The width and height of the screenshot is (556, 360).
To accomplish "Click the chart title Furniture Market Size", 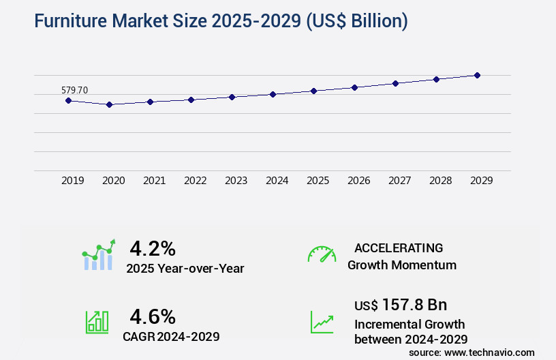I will [x=221, y=22].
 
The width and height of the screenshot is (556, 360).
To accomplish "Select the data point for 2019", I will [x=68, y=100].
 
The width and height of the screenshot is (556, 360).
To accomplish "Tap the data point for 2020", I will [x=109, y=104].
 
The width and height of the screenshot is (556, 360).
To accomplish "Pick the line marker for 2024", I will [x=273, y=94].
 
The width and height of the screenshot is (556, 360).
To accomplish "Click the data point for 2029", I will [x=477, y=75].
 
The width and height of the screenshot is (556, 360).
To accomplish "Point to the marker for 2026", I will [x=354, y=87].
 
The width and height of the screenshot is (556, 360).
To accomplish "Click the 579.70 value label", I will [x=74, y=90].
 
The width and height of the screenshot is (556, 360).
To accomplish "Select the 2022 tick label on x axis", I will [x=195, y=181].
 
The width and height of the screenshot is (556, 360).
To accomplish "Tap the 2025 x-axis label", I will [x=318, y=181].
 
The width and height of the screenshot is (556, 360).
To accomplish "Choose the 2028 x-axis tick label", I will [x=440, y=181].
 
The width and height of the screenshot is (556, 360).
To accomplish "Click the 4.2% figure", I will [x=153, y=247].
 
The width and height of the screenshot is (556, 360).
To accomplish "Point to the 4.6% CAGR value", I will [x=153, y=316].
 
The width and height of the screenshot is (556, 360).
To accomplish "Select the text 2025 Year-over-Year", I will [x=185, y=269].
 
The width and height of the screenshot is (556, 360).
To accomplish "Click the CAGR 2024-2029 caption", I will [x=171, y=336].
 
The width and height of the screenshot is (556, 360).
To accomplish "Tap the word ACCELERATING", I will [x=399, y=247].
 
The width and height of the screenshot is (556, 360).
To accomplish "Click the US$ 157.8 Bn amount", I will [x=401, y=305].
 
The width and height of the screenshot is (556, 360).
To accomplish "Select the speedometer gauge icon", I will [x=322, y=254].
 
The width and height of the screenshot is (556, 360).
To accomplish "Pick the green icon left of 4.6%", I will [x=97, y=322].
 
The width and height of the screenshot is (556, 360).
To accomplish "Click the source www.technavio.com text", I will [x=472, y=352].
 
